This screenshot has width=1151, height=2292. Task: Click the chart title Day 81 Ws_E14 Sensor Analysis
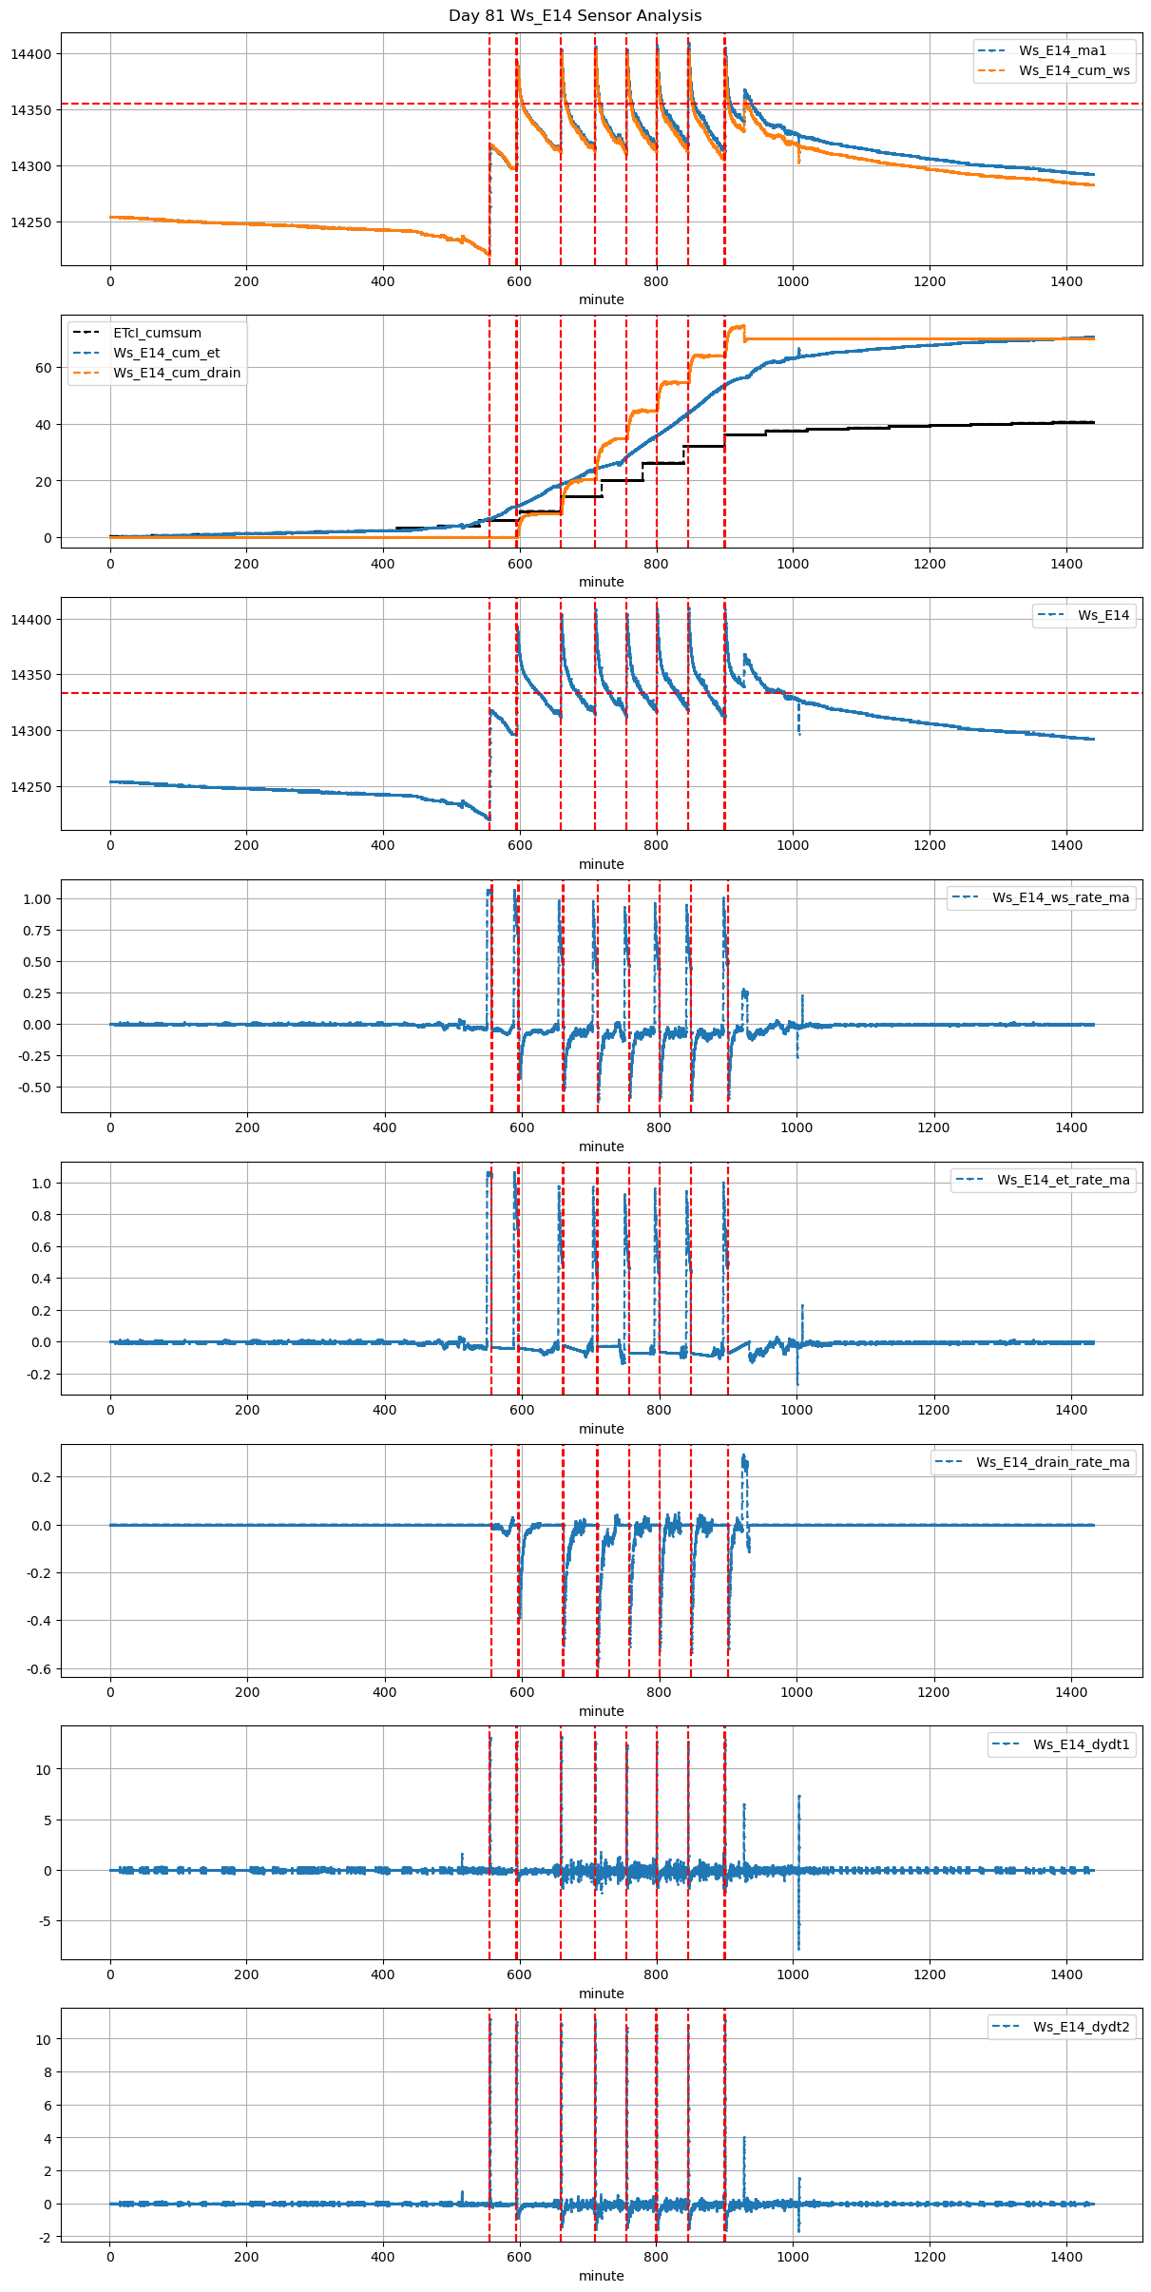tap(575, 16)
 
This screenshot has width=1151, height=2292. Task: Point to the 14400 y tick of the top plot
tap(31, 54)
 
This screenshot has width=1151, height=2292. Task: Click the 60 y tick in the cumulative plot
tap(44, 368)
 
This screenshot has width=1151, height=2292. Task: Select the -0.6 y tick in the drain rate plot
tap(40, 1668)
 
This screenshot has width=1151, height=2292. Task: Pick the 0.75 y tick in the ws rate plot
tap(37, 931)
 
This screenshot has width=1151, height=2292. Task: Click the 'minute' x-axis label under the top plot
tap(602, 299)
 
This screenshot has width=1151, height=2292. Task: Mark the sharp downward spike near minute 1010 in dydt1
tap(799, 1945)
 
